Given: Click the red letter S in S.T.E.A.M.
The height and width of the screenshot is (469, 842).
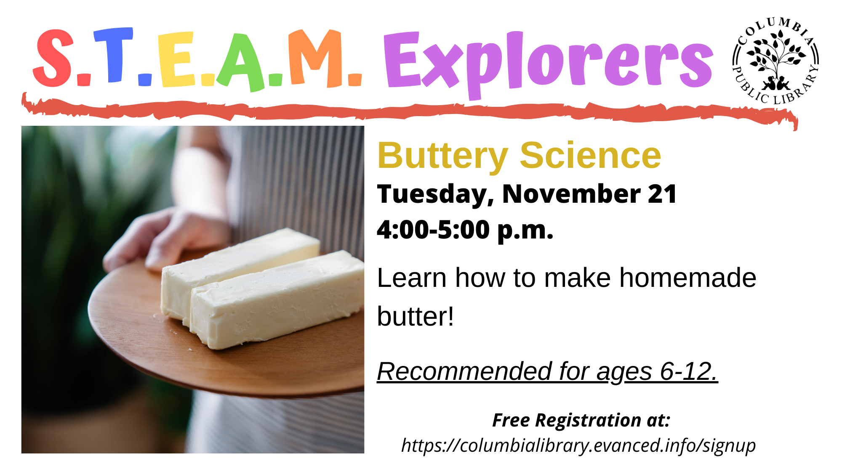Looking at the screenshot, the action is tap(54, 58).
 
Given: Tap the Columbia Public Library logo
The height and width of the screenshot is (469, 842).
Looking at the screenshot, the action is tap(775, 61).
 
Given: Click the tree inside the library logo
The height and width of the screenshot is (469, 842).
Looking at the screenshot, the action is tap(775, 59).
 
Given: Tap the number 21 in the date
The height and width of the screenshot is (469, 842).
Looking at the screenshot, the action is tap(662, 194).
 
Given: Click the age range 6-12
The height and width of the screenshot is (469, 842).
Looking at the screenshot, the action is tap(689, 371).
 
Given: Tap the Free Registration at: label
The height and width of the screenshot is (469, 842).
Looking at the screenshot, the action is tap(581, 420).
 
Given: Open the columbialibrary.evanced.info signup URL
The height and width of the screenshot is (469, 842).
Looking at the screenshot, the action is tap(578, 445).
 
